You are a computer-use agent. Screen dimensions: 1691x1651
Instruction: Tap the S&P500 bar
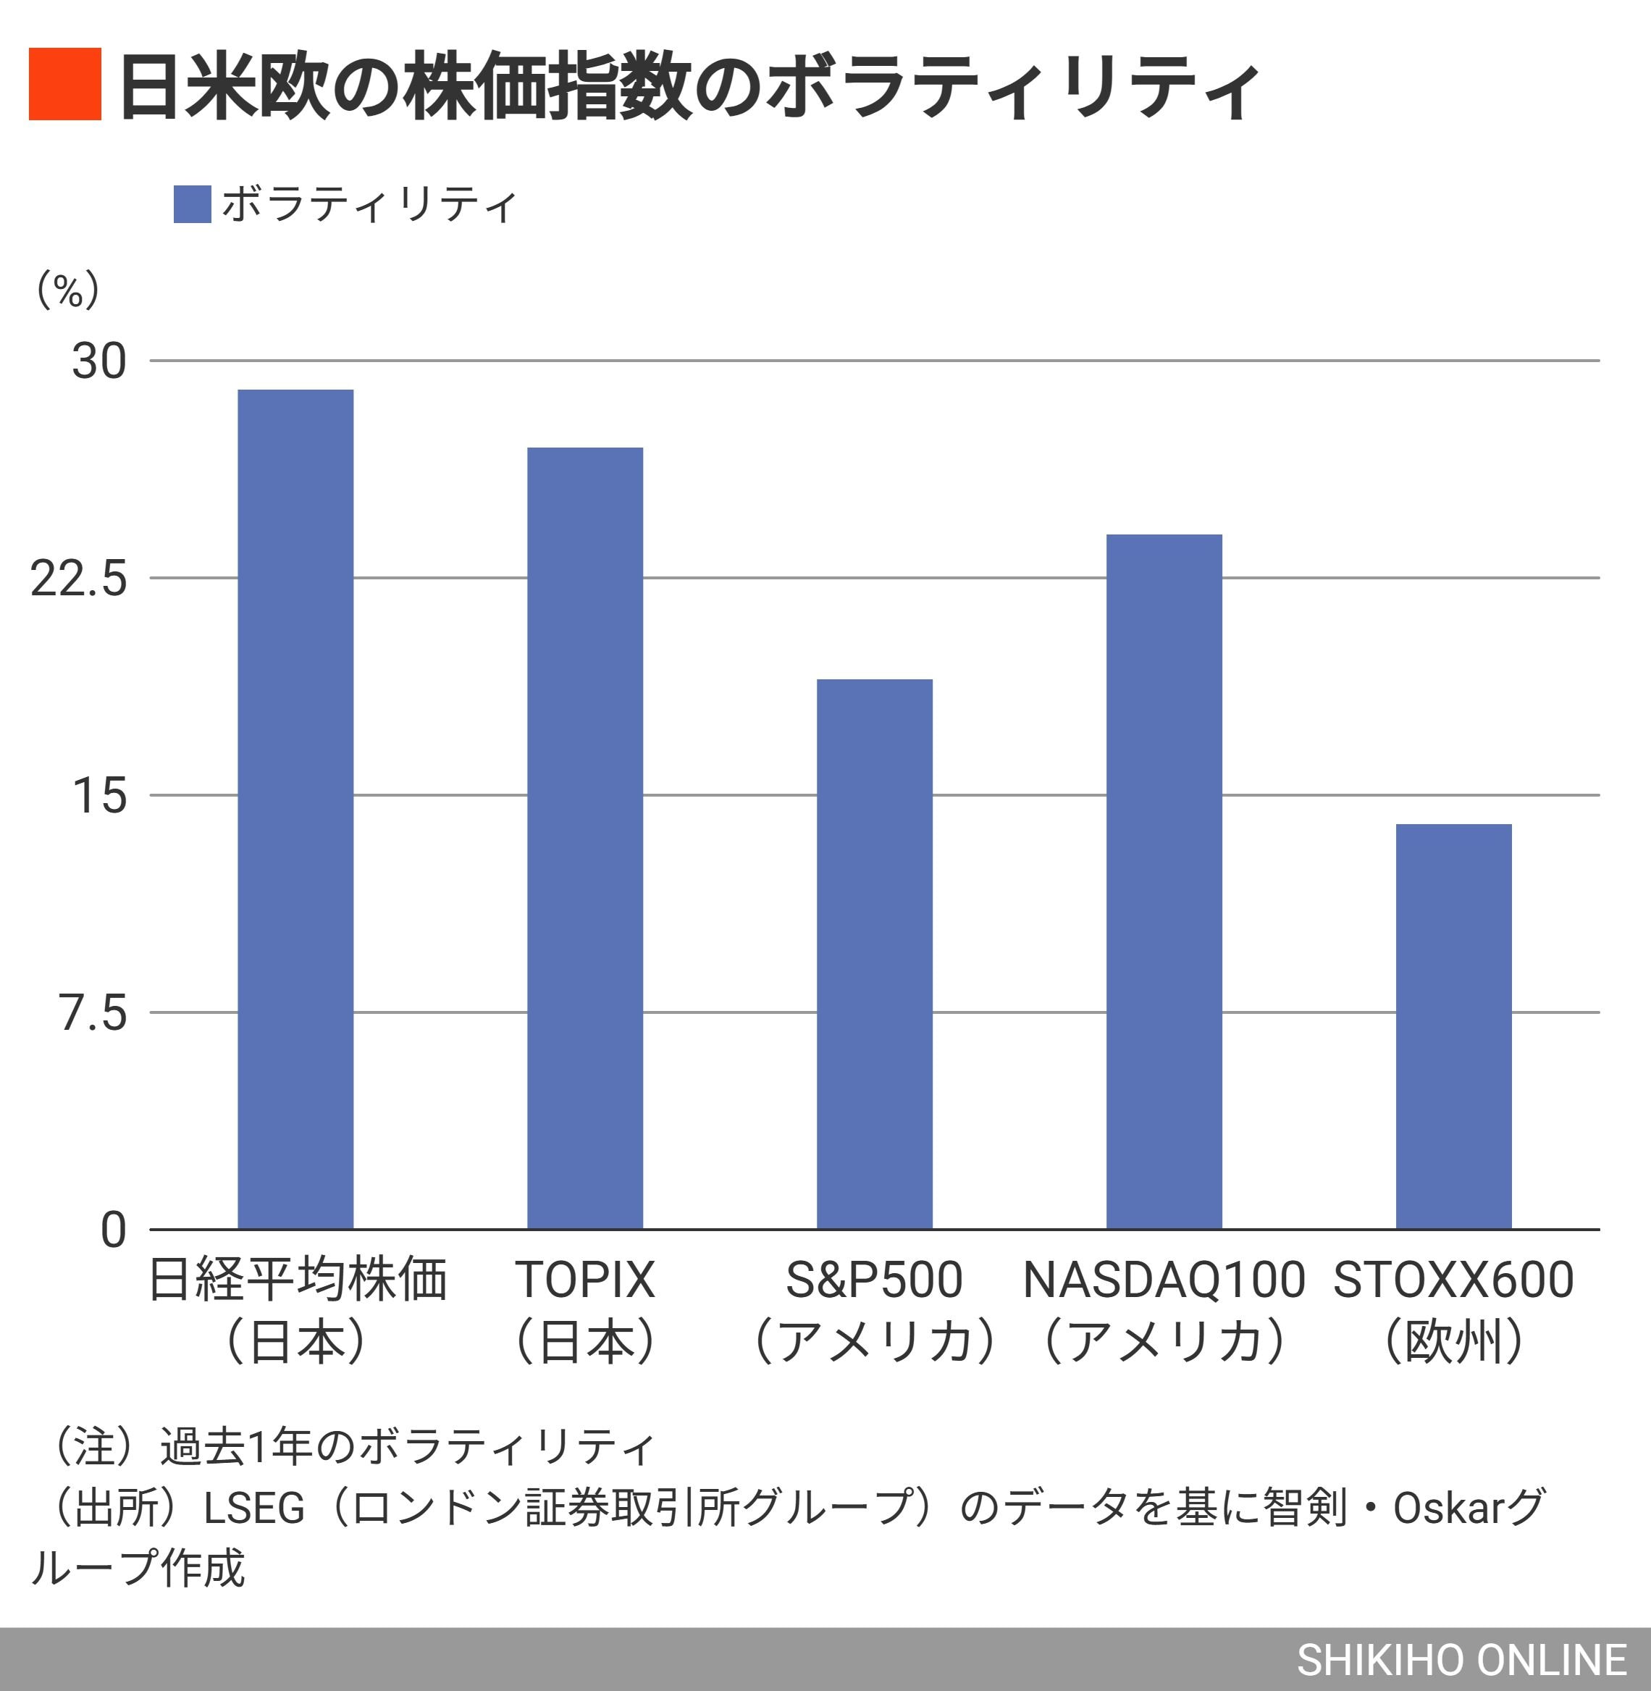pos(874,954)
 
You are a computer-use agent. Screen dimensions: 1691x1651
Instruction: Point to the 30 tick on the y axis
pos(99,361)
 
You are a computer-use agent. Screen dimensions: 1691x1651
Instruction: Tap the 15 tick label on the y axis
pos(99,795)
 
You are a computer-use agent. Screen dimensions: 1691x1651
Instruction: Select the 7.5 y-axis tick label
pos(93,1012)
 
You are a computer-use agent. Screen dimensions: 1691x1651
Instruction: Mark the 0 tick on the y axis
pos(113,1230)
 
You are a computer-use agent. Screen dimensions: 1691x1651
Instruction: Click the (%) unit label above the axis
pos(67,290)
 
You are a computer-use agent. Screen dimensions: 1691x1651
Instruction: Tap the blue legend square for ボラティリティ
pos(192,205)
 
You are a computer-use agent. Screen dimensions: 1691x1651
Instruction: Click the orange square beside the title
pos(65,84)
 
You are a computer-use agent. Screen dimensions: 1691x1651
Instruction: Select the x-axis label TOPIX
pos(584,1280)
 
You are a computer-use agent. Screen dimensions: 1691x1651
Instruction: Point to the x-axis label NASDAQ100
pos(1164,1280)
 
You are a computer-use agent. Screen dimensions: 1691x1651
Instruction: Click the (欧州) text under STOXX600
pos(1453,1340)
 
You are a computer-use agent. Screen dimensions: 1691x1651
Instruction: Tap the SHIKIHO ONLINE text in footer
pos(1461,1660)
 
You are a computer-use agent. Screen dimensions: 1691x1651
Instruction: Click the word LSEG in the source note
pos(254,1509)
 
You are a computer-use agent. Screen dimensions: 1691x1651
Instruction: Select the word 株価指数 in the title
pos(549,87)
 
